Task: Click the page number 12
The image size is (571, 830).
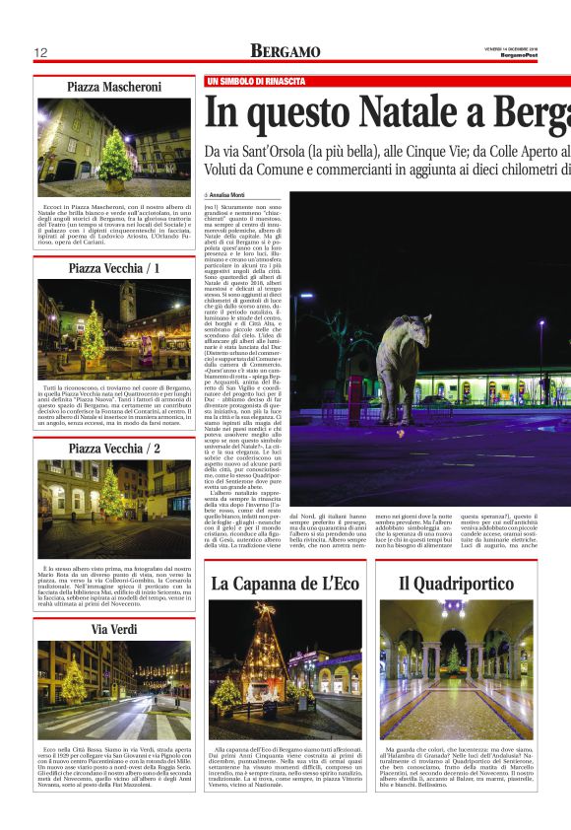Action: coord(41,52)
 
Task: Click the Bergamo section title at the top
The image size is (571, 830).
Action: coord(285,51)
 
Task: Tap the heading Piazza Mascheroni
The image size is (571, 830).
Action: coord(114,88)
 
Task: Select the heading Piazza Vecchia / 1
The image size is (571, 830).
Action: coord(114,268)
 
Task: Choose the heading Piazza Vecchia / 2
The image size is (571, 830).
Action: coord(114,449)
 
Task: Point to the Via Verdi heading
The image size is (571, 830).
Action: coord(114,628)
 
